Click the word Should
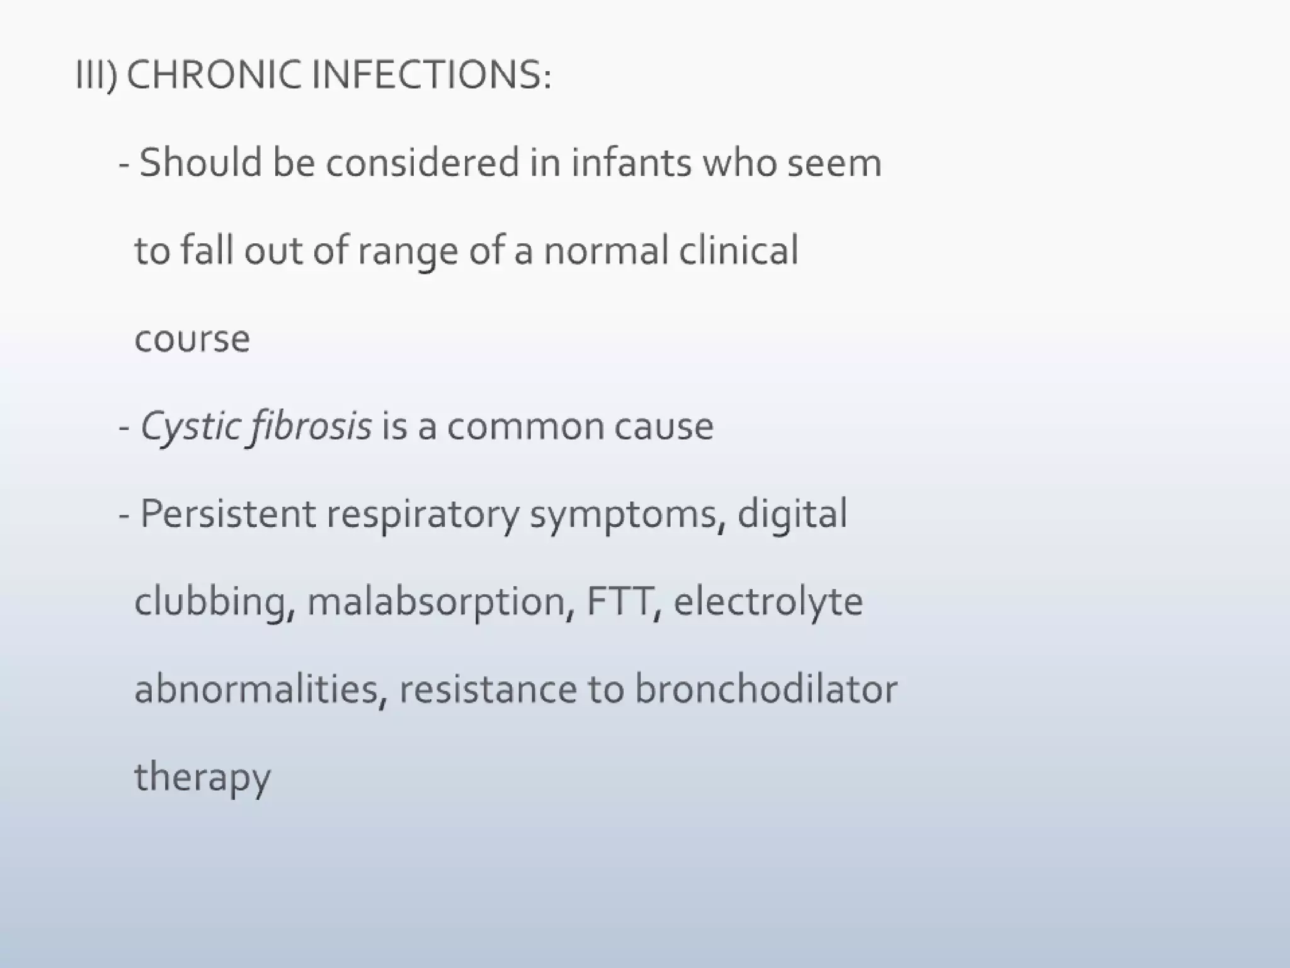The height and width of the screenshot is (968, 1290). click(200, 163)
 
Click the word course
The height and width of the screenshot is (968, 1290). click(192, 339)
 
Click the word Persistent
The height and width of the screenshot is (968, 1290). click(227, 514)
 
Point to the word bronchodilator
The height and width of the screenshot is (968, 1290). click(765, 689)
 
